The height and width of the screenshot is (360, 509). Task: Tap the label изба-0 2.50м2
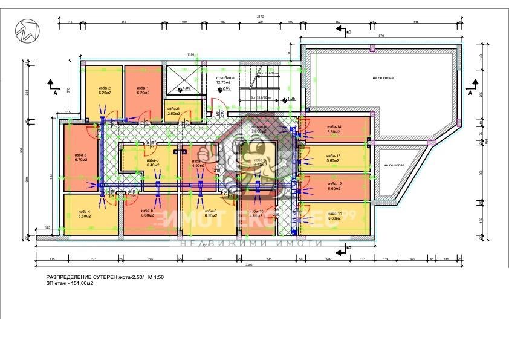pos(173,111)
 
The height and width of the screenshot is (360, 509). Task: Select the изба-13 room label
pos(334,158)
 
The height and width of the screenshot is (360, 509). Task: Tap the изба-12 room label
pos(335,186)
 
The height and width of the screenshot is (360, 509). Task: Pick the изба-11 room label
pos(335,215)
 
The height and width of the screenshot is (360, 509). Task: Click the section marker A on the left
pos(54,94)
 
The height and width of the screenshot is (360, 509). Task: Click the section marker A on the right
pos(470,94)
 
